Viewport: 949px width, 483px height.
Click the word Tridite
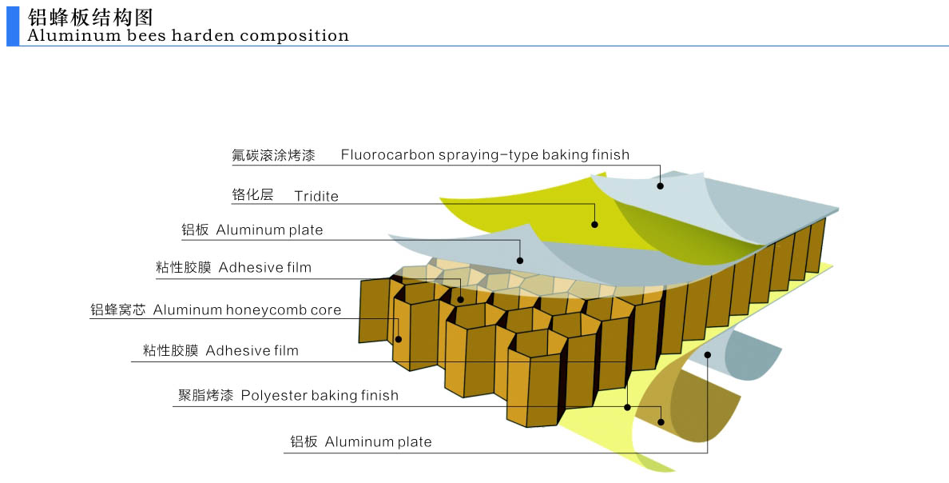[x=316, y=196]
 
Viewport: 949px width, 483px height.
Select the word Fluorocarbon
[x=387, y=154]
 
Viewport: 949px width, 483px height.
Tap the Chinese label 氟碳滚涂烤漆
[x=273, y=155]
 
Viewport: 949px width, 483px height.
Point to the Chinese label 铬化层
[x=252, y=195]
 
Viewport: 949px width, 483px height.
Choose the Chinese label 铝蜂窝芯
[x=118, y=309]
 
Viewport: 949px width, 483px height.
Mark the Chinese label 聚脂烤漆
[x=205, y=395]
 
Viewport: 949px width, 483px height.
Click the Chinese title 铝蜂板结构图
[x=90, y=18]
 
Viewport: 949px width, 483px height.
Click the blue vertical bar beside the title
[x=12, y=26]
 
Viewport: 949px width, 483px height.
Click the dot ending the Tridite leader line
[x=594, y=225]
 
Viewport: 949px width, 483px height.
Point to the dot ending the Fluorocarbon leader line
[x=661, y=186]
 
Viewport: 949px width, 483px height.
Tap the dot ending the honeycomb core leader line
[x=398, y=339]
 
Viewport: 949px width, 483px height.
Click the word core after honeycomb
[x=325, y=309]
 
